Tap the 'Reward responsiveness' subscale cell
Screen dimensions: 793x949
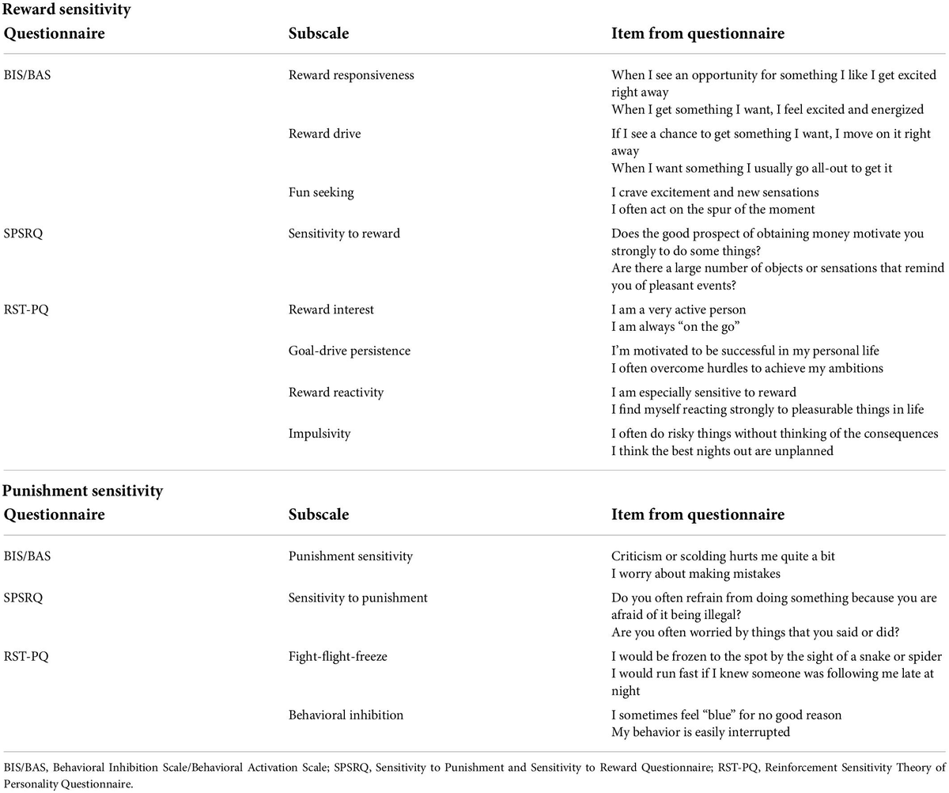point(351,75)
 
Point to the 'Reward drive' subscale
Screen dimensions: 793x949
point(324,134)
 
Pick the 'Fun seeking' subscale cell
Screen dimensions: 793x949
point(321,192)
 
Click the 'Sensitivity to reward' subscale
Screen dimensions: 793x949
point(344,233)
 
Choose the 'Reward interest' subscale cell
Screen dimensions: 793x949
point(331,309)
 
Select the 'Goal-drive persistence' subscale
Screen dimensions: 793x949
point(350,351)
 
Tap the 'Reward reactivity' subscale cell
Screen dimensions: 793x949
point(336,393)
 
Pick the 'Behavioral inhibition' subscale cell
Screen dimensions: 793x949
point(346,715)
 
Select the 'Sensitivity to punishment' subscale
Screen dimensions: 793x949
point(357,598)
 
